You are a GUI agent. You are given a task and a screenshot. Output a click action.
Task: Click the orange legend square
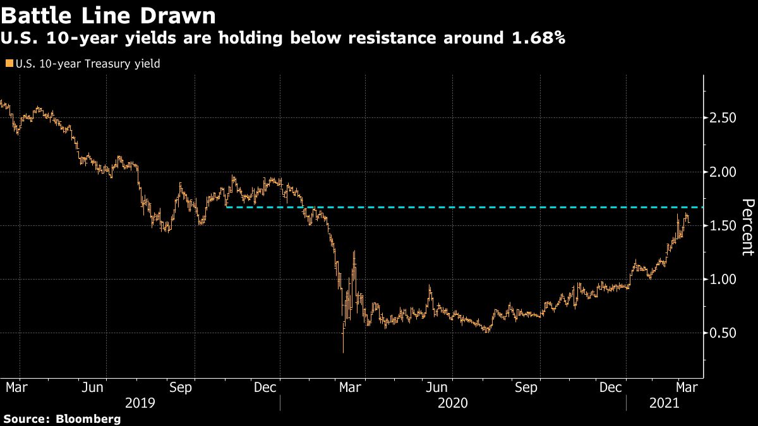point(8,63)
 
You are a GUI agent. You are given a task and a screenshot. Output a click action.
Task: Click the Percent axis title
point(748,227)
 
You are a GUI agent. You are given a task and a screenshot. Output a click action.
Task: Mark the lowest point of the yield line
point(344,352)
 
